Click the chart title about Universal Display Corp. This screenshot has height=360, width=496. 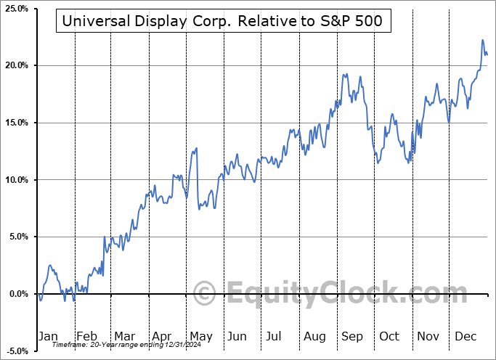point(223,21)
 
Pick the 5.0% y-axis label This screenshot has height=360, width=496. point(17,237)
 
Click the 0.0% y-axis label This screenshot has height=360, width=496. point(17,294)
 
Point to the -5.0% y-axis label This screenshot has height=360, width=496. point(15,351)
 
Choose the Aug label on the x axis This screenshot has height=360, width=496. point(314,336)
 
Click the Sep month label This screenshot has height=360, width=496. point(352,336)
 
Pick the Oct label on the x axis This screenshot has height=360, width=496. point(390,336)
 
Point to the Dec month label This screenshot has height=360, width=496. point(465,336)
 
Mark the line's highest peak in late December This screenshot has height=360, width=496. point(483,41)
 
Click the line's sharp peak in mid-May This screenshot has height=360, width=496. point(196,149)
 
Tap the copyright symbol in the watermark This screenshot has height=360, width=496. point(206,294)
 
